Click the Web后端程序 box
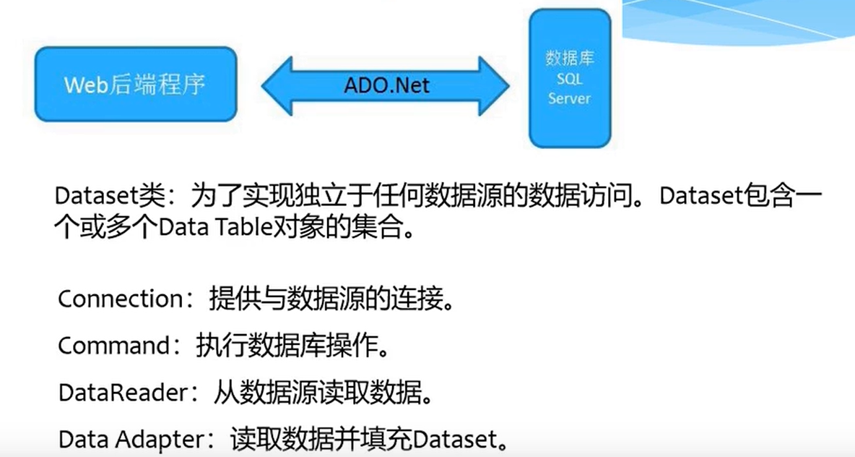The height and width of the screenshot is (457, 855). pos(136,84)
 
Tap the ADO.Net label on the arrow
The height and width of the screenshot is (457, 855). pos(386,85)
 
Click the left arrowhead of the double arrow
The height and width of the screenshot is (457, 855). pos(277,86)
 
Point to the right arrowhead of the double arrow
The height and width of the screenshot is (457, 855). pos(494,86)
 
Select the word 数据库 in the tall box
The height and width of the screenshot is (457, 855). pos(569,58)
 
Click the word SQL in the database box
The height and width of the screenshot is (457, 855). pos(569,79)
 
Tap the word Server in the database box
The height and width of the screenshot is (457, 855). pos(569,98)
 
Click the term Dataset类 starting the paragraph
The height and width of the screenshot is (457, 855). pos(109,195)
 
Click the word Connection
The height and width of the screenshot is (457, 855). pos(120,299)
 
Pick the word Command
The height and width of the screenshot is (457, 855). pos(114,346)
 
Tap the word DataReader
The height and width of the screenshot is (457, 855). pos(123,393)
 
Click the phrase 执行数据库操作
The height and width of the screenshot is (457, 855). pos(286,346)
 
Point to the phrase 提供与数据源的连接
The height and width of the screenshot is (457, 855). pos(325,299)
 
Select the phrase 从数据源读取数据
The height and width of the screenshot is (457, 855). pos(317,393)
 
